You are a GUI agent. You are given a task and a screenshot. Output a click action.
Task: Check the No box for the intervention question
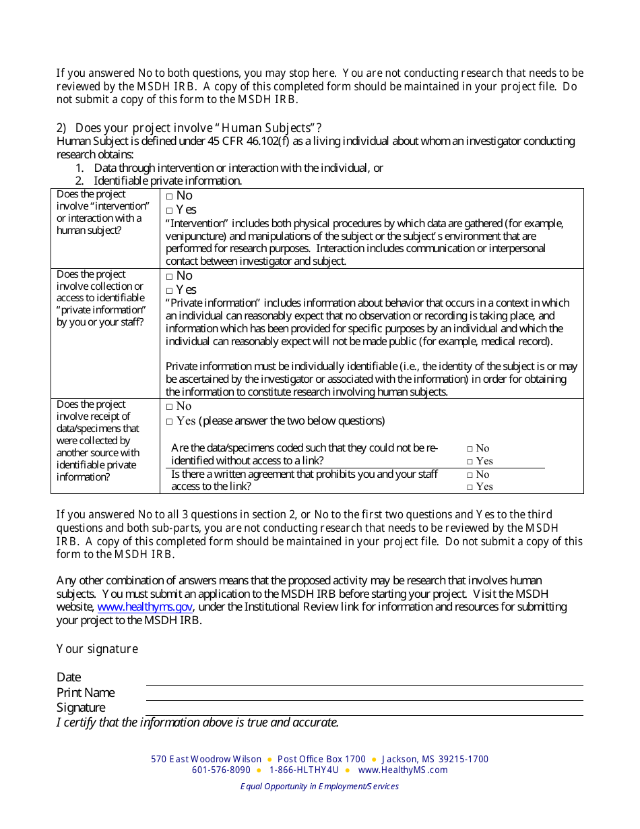click(x=170, y=196)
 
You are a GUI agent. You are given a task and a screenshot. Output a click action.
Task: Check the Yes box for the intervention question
click(x=170, y=210)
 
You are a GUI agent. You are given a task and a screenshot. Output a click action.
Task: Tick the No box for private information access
click(x=170, y=276)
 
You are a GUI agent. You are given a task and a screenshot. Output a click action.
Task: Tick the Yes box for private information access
click(x=170, y=290)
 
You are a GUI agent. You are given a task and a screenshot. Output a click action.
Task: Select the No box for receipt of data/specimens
click(x=170, y=406)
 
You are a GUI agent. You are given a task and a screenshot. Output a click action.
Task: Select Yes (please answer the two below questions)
click(x=170, y=422)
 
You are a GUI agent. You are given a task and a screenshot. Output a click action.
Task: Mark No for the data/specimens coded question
click(x=470, y=449)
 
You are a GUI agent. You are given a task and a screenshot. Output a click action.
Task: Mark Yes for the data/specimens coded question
click(x=470, y=462)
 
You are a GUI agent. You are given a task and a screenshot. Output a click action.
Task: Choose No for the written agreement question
click(x=470, y=475)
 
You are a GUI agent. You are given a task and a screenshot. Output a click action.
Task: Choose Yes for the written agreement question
click(x=470, y=487)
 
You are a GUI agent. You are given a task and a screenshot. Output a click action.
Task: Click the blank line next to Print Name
click(x=364, y=694)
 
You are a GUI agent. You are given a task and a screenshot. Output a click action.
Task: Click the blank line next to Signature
click(x=364, y=709)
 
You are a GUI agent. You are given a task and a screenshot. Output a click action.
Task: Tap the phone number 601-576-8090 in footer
click(x=221, y=770)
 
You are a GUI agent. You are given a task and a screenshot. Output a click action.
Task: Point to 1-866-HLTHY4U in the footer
click(x=304, y=770)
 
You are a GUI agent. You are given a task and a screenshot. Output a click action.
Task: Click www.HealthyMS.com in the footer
click(x=402, y=770)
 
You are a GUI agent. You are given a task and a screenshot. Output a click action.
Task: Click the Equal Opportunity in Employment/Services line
click(x=319, y=787)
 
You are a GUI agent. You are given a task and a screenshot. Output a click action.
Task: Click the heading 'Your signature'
click(x=97, y=649)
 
